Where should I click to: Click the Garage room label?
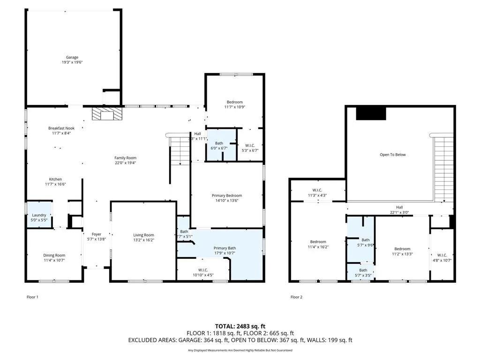pos(72,57)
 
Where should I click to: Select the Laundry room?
pos(39,215)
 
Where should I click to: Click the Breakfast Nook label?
pos(61,128)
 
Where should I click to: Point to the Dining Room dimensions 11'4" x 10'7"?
pos(54,261)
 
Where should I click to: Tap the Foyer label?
pos(96,234)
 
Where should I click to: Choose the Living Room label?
pos(143,235)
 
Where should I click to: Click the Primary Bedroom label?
pos(227,195)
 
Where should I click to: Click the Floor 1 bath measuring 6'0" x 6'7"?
pos(219,146)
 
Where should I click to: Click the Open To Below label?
pos(392,154)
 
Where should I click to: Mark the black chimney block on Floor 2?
pos(371,113)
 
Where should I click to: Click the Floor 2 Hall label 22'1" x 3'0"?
pos(399,210)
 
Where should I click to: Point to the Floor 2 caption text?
pos(296,297)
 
